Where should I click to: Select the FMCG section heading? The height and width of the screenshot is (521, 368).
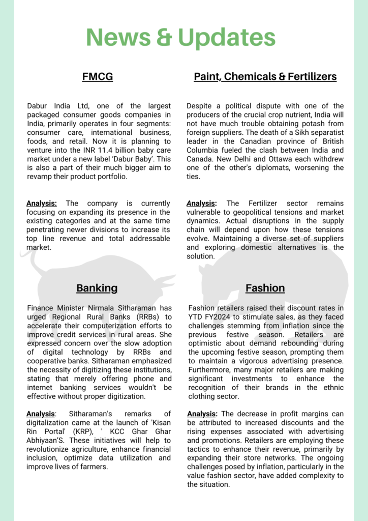[x=97, y=77]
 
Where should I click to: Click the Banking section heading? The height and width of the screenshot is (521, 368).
[x=97, y=288]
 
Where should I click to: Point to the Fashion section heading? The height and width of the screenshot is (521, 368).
[x=265, y=288]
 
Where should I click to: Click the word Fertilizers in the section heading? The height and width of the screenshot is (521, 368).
[x=312, y=77]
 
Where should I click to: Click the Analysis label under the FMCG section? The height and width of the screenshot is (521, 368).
[x=42, y=204]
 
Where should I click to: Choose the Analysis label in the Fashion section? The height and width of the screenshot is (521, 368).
[x=202, y=414]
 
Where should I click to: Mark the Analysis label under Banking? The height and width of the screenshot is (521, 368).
[x=41, y=414]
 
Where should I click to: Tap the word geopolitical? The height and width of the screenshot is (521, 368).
[x=234, y=212]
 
